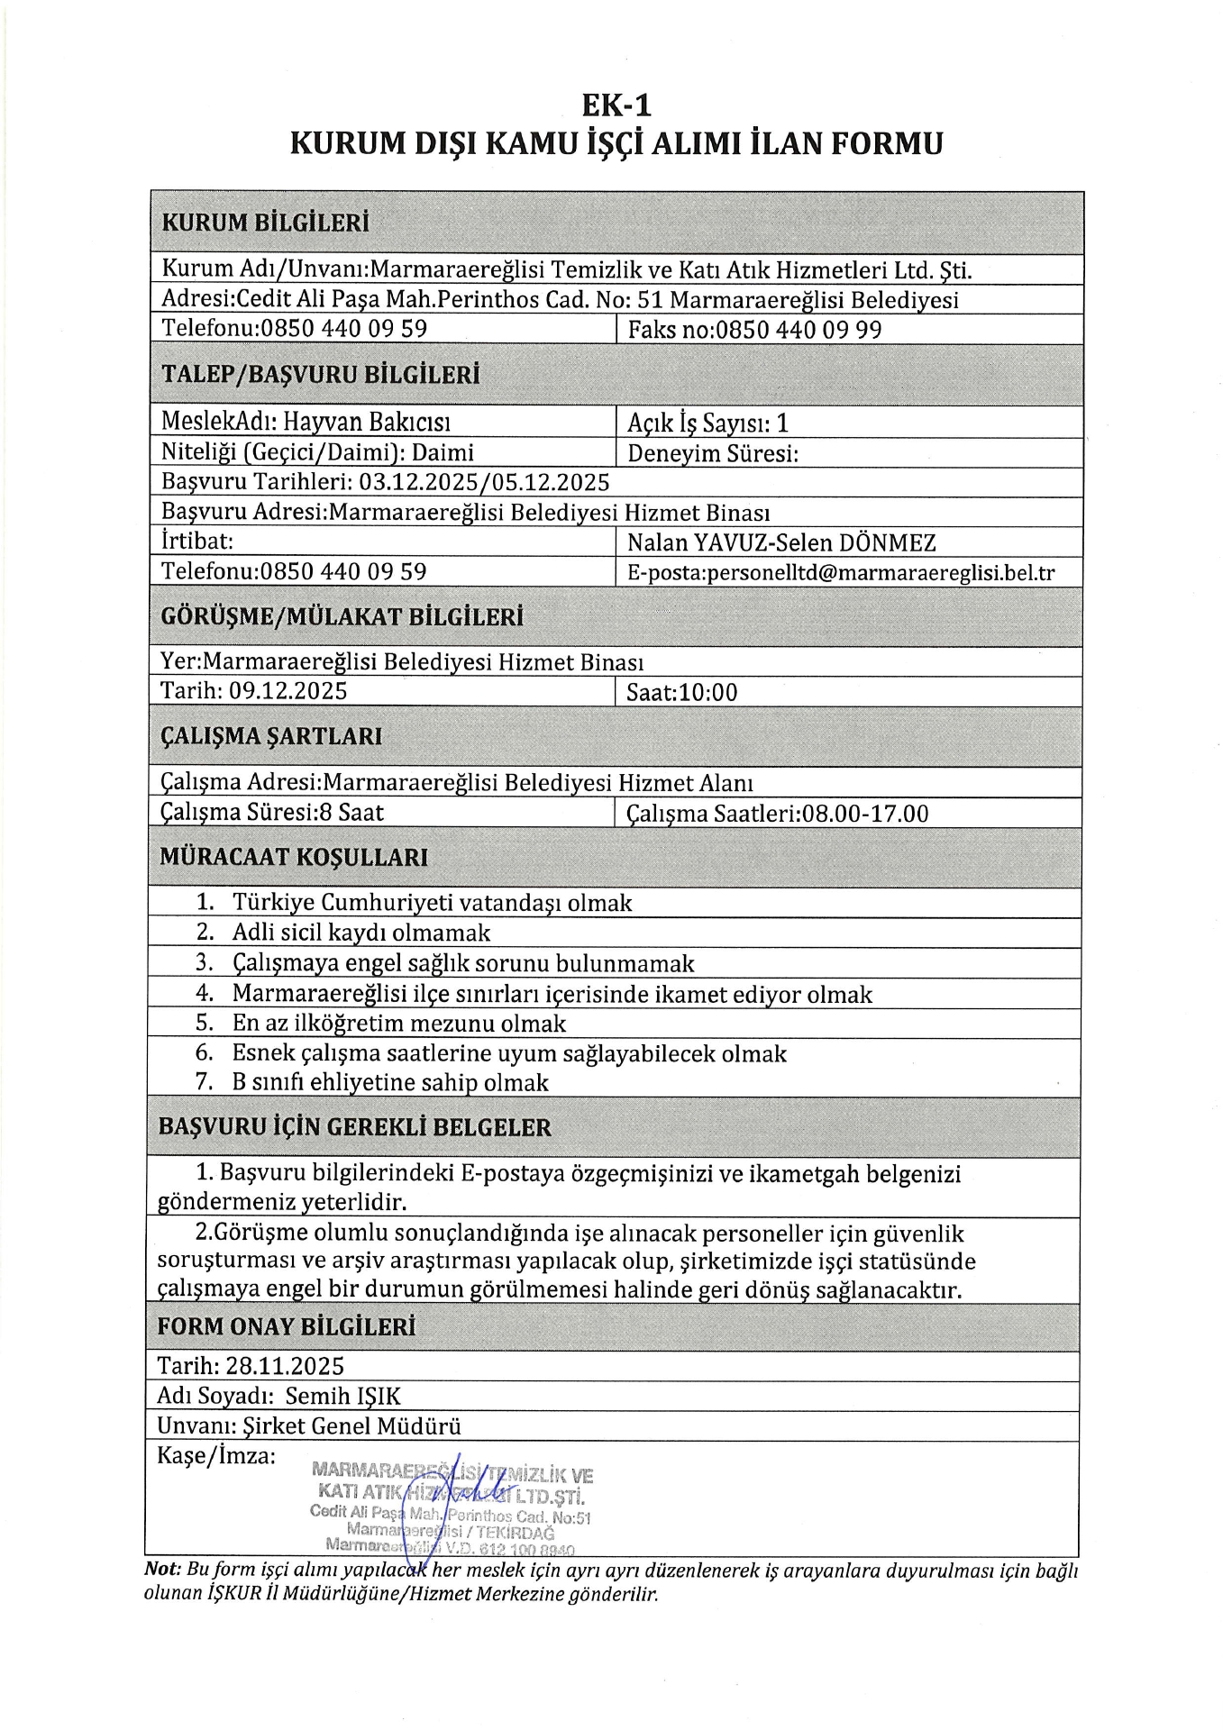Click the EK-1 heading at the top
tap(616, 105)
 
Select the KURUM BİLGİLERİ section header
tap(265, 223)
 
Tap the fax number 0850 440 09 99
tap(799, 330)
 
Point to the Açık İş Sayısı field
tap(707, 423)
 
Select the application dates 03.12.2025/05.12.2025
tap(484, 482)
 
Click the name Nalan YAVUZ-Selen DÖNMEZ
tap(781, 542)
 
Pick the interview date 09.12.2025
tap(287, 691)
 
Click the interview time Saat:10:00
tap(681, 692)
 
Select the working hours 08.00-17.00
tap(865, 814)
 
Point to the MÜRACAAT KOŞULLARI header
tap(294, 857)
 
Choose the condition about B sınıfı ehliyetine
tap(389, 1082)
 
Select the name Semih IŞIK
tap(342, 1396)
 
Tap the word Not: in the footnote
tap(163, 1571)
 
